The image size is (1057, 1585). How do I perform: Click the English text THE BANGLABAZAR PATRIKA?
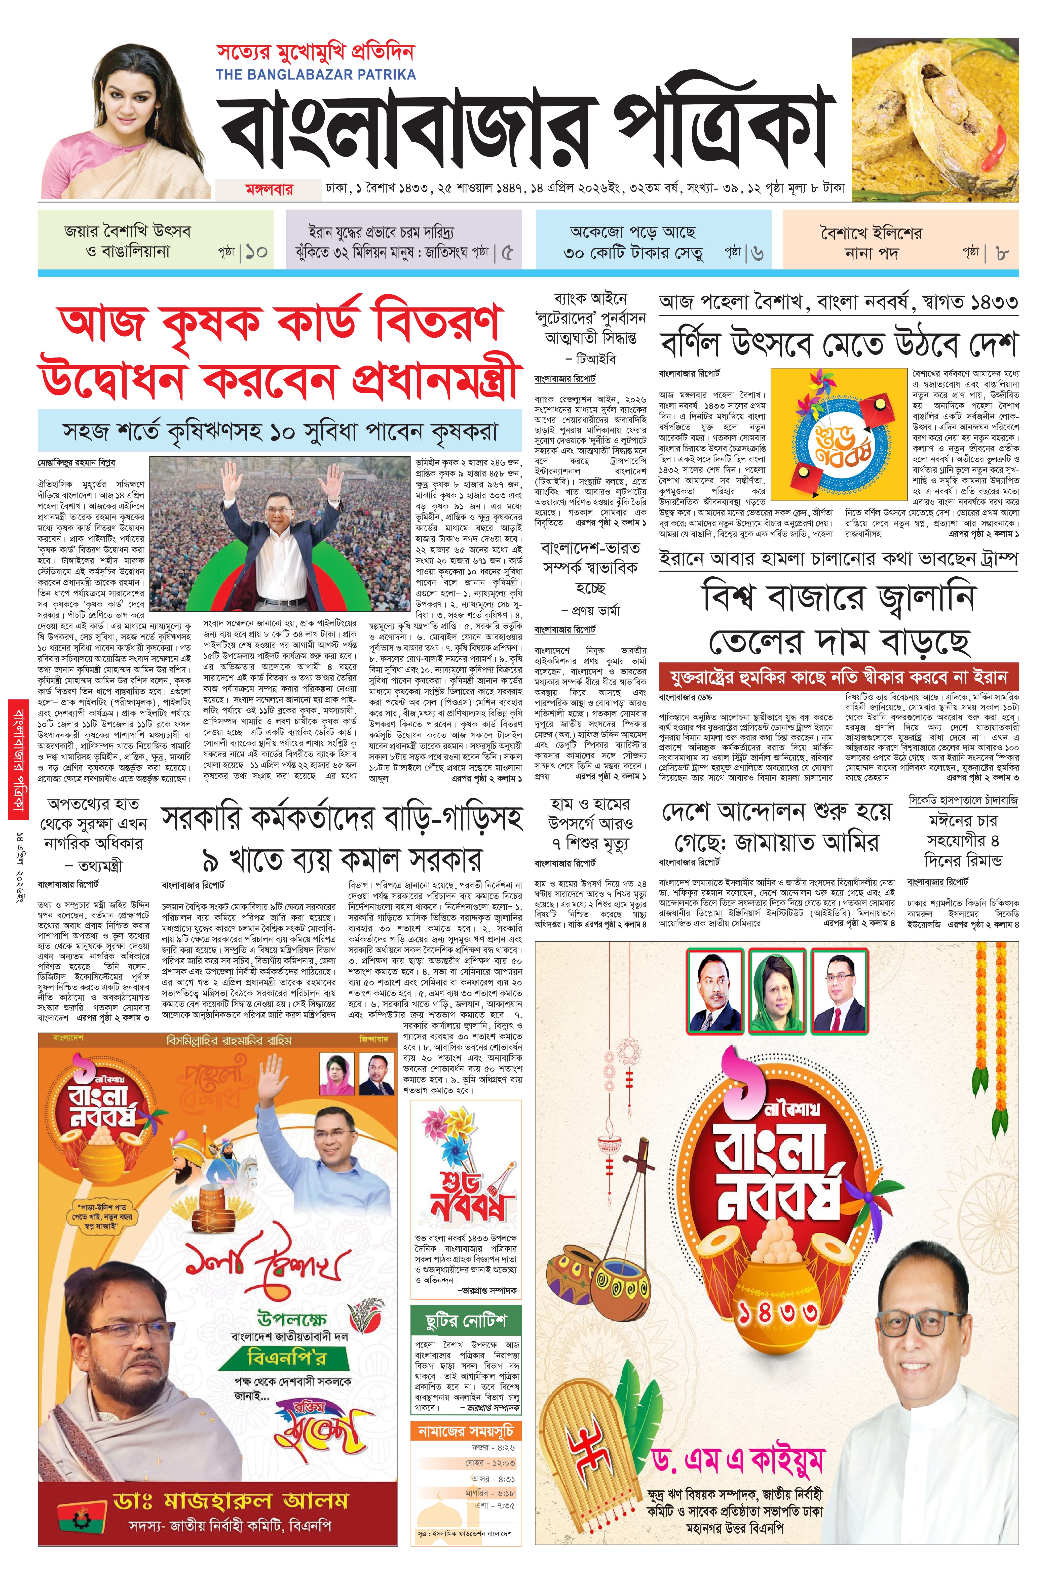click(316, 75)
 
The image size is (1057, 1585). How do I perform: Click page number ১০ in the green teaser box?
click(256, 253)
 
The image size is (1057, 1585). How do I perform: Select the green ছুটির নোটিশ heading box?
click(466, 1320)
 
